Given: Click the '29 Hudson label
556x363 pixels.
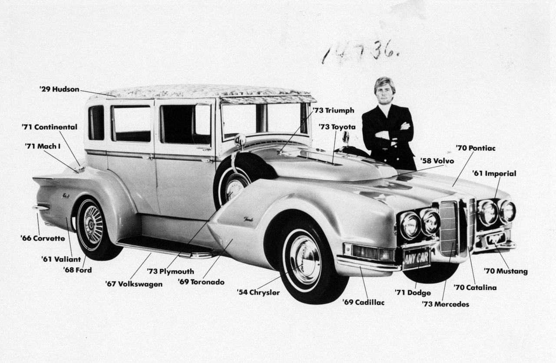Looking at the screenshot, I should click(59, 89).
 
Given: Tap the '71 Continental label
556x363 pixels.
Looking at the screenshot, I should click(49, 127).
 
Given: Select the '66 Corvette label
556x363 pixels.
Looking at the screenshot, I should click(43, 238).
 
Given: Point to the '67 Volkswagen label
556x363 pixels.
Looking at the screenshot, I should click(134, 284).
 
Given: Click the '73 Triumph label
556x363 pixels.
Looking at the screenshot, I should click(334, 111).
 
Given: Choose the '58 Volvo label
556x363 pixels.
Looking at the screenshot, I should click(437, 161).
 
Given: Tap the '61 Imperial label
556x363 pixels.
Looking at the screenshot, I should click(494, 174).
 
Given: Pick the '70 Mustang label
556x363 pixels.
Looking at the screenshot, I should click(506, 271).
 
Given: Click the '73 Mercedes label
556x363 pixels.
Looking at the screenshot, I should click(445, 304).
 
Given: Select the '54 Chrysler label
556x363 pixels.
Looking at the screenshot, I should click(258, 292).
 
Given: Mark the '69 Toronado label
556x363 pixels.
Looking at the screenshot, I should click(201, 282).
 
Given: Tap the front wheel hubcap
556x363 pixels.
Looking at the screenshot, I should click(304, 259).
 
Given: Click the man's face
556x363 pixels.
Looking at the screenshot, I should click(384, 92).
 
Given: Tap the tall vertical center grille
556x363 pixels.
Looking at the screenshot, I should click(449, 228).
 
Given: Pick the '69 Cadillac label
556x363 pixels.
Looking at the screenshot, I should click(363, 303).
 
